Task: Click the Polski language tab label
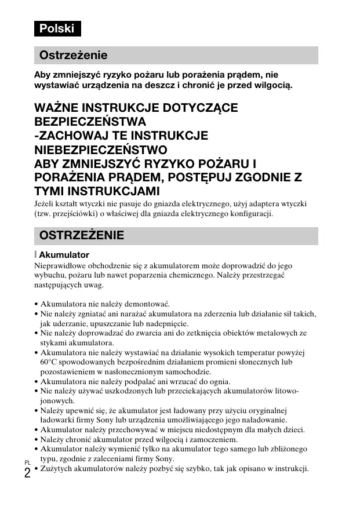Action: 57,28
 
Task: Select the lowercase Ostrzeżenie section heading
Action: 73,56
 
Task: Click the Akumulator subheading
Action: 64,254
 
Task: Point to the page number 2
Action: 27,472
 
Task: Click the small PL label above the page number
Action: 27,462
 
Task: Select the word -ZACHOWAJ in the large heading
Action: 70,136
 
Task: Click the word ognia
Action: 217,381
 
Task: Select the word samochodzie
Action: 183,371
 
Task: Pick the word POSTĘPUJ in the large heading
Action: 202,177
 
